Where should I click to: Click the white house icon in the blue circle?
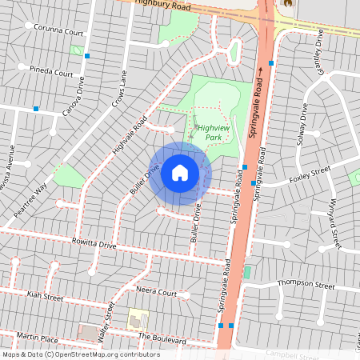[180, 173]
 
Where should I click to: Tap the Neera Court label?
[156, 293]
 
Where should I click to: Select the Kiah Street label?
[44, 297]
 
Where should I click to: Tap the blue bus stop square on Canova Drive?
[86, 56]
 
